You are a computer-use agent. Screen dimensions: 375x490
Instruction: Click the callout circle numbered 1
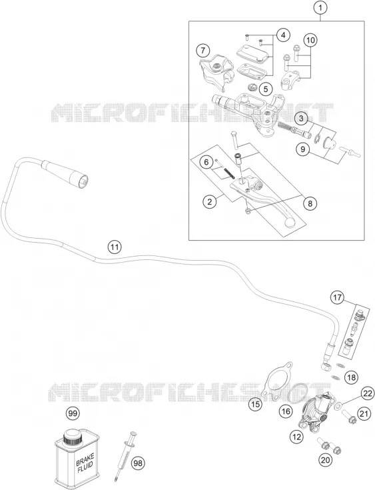coord(320,8)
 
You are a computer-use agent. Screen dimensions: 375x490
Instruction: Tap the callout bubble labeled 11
coord(115,247)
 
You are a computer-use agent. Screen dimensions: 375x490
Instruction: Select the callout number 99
coord(73,414)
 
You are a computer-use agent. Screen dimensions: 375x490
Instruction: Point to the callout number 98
coord(138,463)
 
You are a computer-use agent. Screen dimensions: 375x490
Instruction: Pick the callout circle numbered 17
coord(338,297)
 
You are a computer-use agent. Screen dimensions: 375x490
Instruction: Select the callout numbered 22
coord(368,393)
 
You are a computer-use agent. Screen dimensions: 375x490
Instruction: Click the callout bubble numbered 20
coord(325,460)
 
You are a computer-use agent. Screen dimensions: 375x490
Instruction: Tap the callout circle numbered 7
coord(203,50)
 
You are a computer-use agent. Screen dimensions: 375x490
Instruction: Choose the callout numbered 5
coord(265,89)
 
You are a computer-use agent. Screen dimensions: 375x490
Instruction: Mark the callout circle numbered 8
coord(310,203)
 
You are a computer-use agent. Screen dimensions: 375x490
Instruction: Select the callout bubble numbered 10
coord(310,40)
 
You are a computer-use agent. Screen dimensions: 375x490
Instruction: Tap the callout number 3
coord(301,119)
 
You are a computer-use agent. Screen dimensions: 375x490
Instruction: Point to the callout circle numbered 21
coord(363,414)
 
